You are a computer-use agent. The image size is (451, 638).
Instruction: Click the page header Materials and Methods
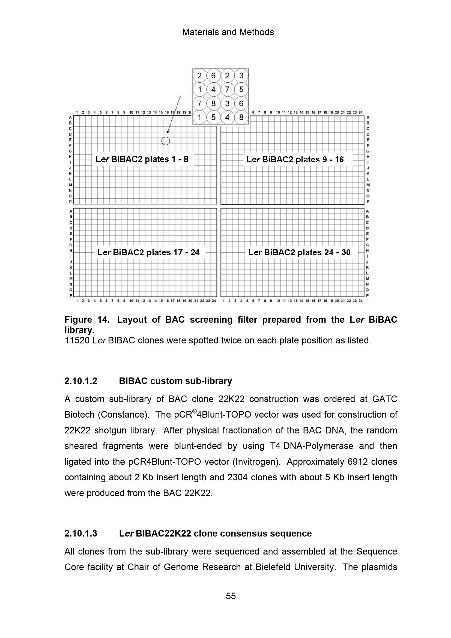coord(228,32)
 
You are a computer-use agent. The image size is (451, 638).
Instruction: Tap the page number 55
coord(231,596)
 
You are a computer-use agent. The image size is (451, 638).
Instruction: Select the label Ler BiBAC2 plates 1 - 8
coord(142,159)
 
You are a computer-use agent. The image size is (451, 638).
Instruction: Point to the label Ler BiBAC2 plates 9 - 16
coord(295,160)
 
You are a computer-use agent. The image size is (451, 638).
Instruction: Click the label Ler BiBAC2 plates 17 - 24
coord(148,252)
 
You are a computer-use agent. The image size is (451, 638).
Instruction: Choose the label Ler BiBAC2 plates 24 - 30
coord(299,252)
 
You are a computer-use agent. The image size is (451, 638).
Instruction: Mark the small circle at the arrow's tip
coord(166,141)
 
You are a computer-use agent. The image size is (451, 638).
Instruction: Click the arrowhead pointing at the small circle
coord(168,132)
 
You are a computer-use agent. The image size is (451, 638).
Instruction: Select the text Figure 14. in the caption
coord(87,320)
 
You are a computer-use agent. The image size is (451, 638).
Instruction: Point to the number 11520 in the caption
coord(76,340)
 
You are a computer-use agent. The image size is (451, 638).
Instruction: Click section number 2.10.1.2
coord(81,381)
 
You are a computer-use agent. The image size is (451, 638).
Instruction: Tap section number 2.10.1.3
coord(81,534)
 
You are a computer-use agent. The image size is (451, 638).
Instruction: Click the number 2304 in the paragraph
coord(237,477)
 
